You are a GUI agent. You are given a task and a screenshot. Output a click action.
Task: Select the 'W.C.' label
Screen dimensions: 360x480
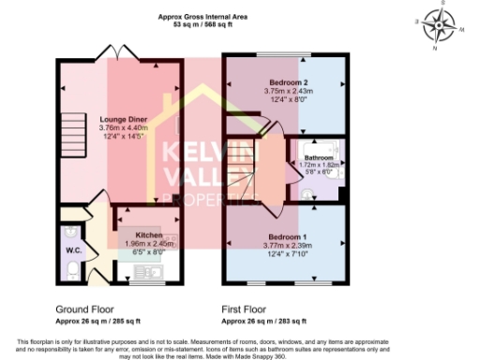73,250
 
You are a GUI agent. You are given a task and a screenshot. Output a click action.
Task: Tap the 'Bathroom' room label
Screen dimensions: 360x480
314,157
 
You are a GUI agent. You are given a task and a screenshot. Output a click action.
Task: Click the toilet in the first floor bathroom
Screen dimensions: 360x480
307,192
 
